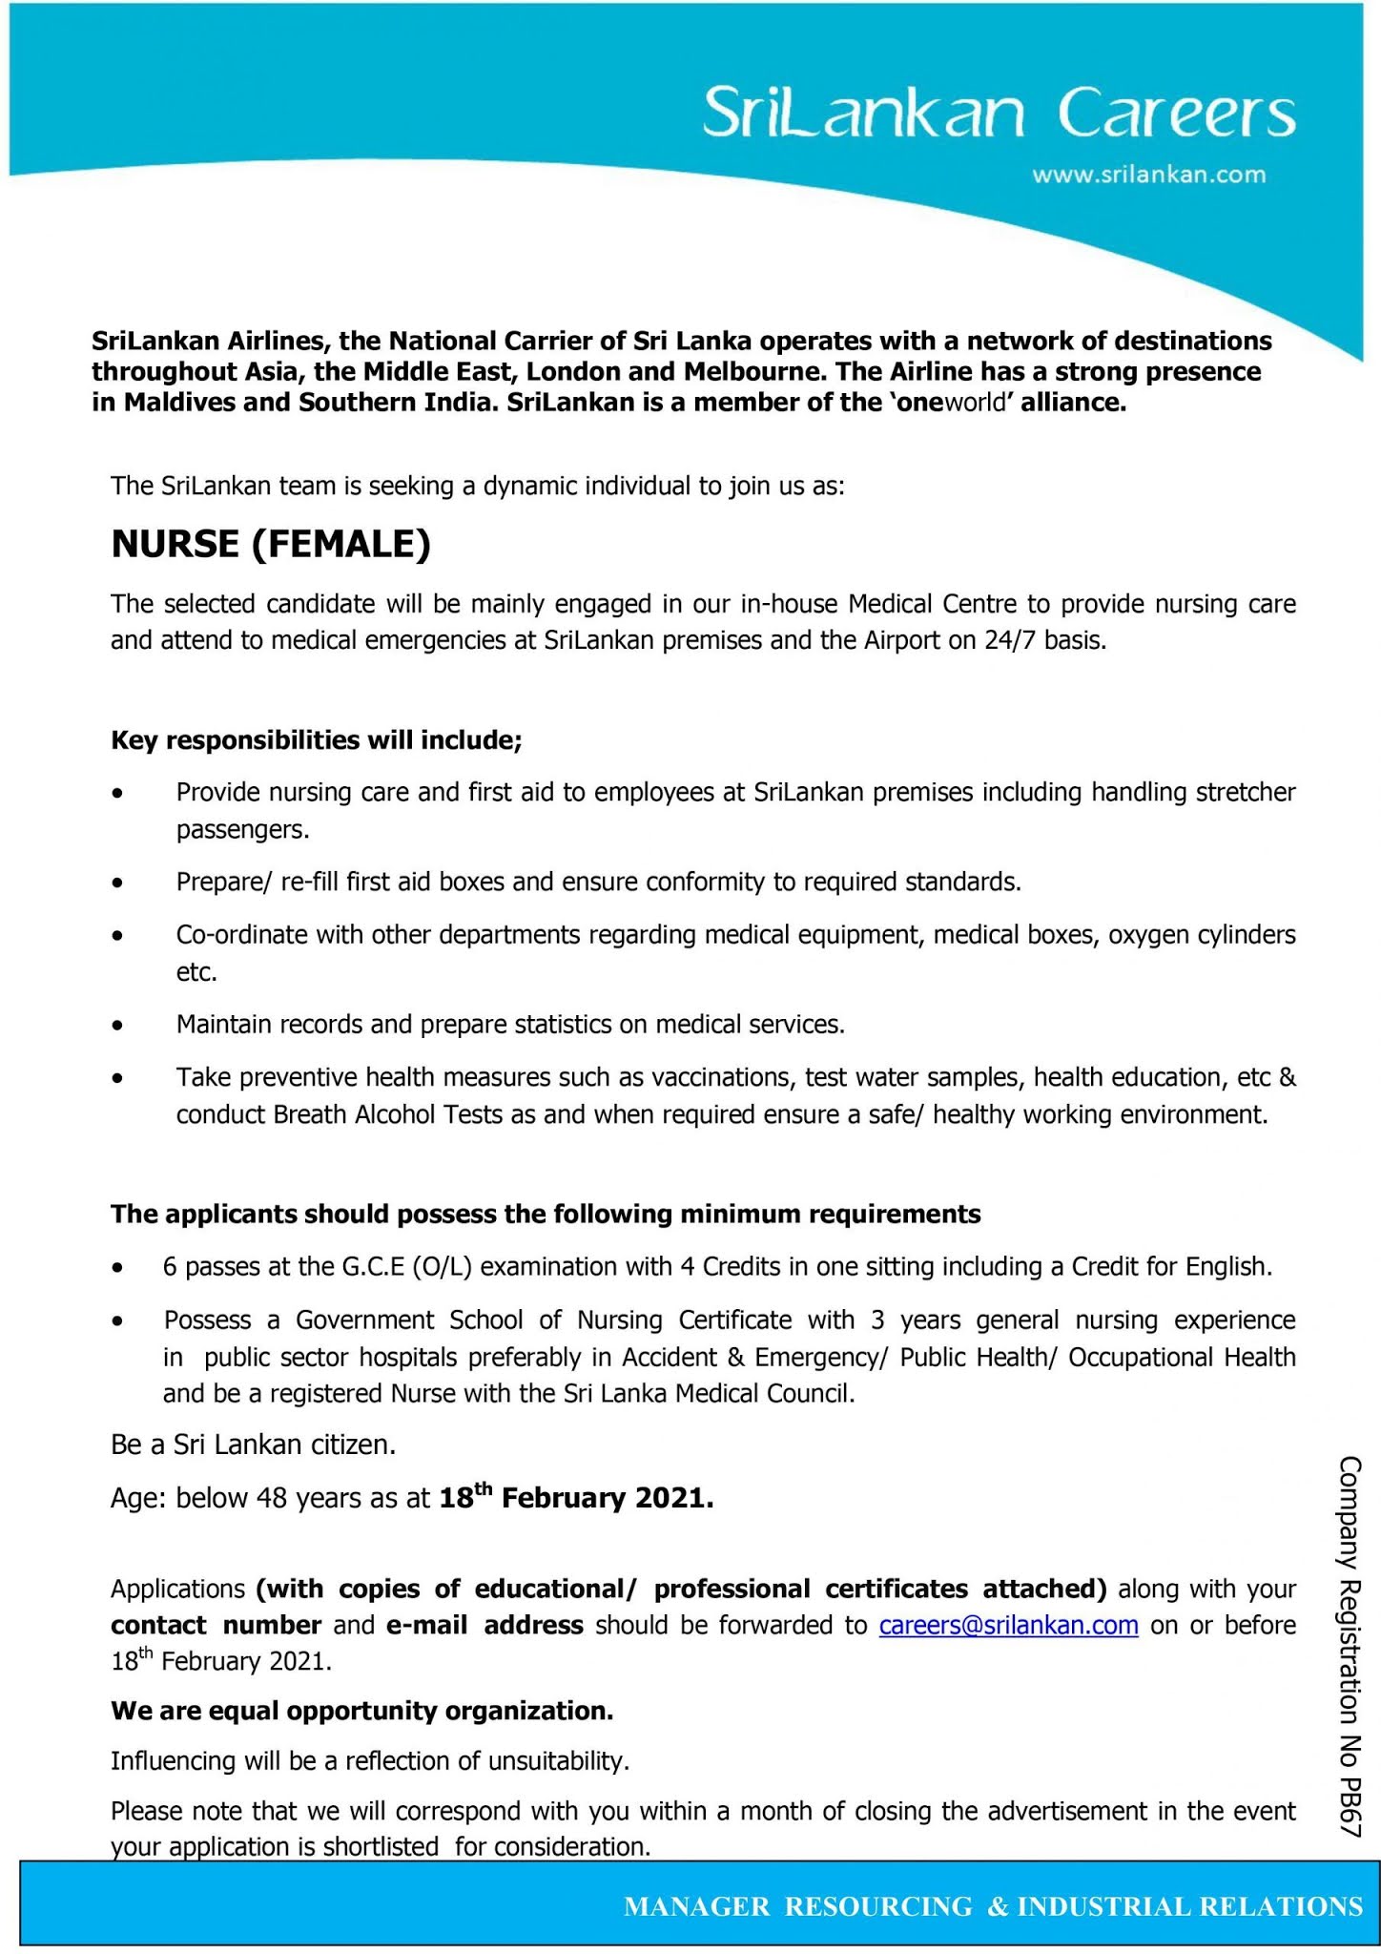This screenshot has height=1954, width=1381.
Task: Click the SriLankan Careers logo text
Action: pos(999,114)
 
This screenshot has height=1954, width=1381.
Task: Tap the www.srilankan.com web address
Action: pos(1149,175)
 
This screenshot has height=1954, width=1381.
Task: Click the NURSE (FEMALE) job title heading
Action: pos(271,544)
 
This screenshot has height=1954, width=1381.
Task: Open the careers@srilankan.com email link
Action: pos(1008,1625)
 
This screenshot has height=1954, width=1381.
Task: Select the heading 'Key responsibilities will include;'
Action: pos(316,740)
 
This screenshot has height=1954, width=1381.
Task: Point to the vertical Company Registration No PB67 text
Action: pos(1350,1646)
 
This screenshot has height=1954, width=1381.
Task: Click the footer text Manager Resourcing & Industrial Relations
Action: pos(993,1906)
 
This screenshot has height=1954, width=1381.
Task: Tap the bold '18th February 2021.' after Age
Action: pos(576,1498)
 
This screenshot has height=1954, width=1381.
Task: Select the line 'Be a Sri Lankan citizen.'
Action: pos(253,1445)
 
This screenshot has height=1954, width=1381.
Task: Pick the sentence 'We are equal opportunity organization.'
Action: pos(361,1711)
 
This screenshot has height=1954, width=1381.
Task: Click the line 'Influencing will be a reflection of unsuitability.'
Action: pos(370,1760)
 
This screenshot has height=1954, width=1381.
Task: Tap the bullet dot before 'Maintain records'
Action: pos(117,1027)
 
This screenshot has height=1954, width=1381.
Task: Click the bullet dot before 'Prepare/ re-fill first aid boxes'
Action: pos(117,883)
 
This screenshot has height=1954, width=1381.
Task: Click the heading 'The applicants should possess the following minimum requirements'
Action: pos(546,1214)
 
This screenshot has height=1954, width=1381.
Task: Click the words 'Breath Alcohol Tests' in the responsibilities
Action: pos(388,1114)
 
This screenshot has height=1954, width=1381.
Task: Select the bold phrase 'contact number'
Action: pos(216,1625)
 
